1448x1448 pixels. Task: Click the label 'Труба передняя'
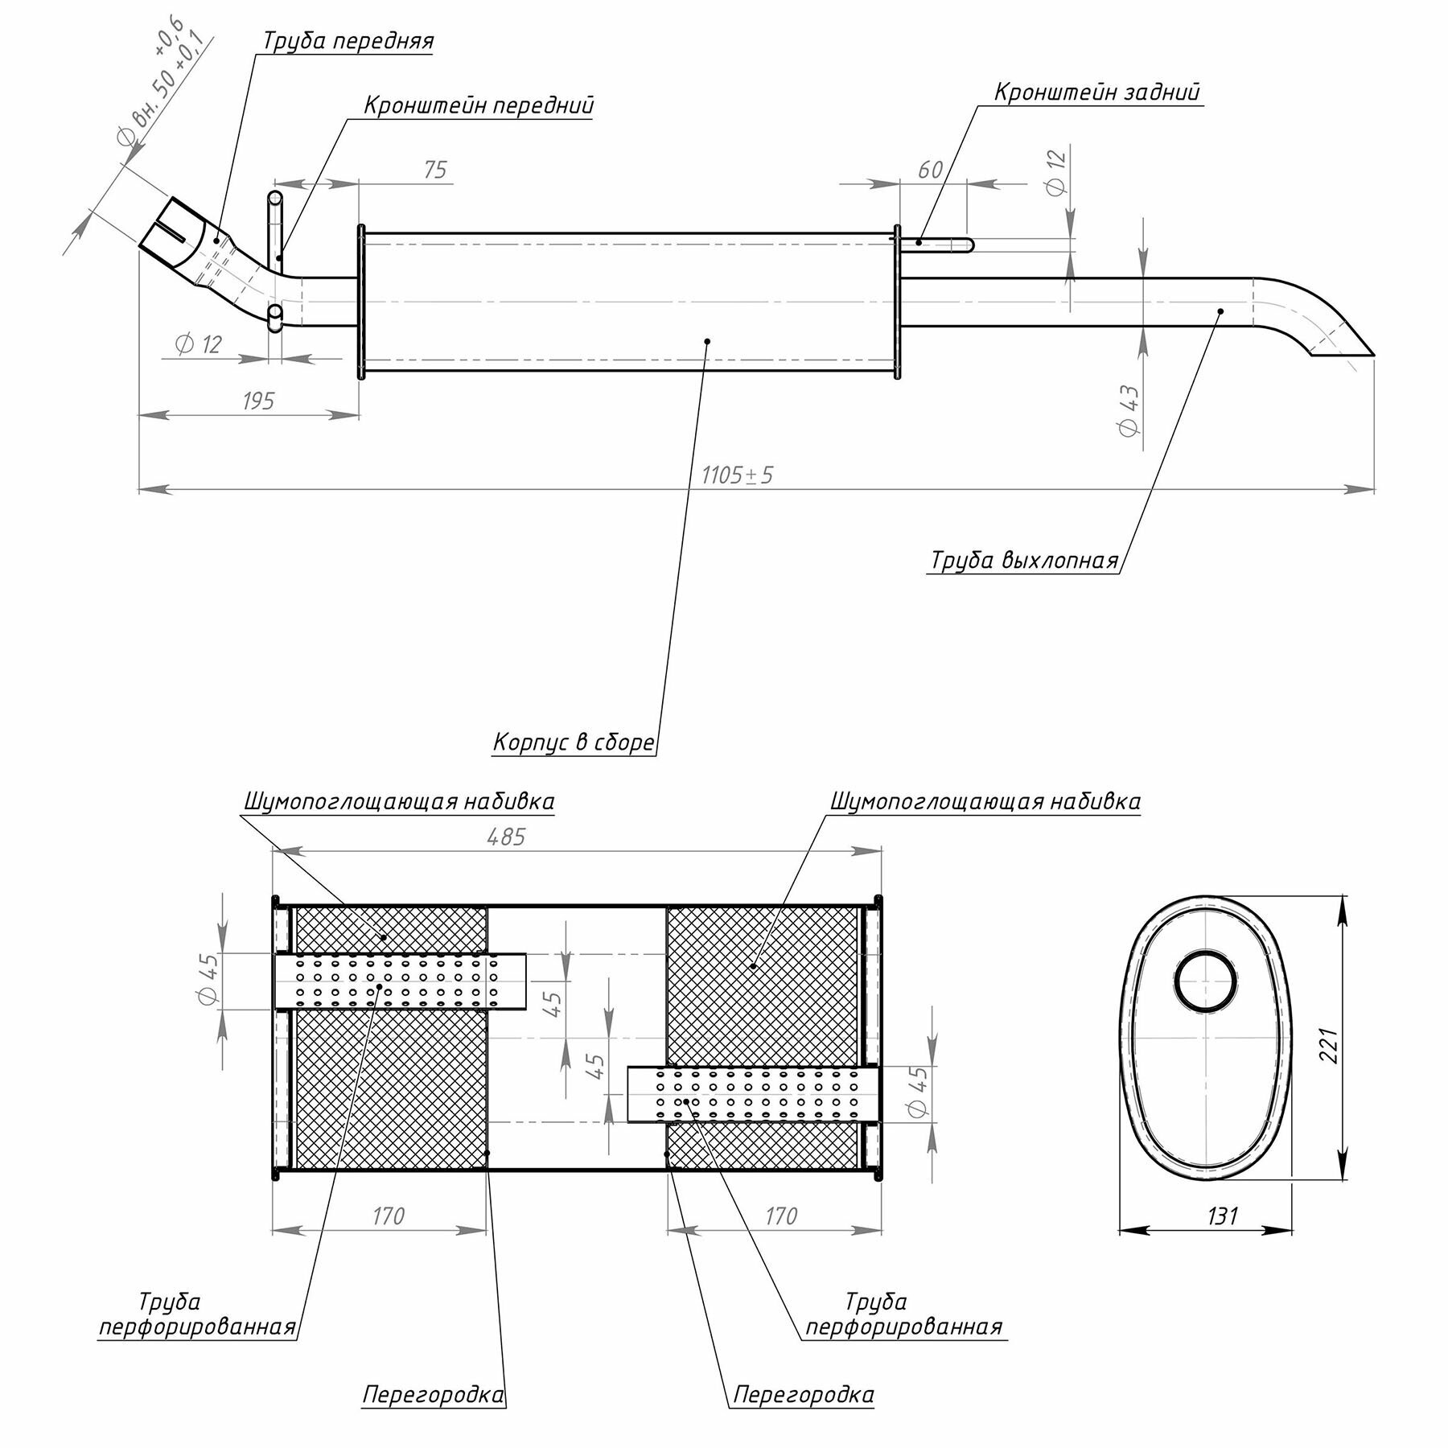348,41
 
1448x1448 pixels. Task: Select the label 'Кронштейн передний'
479,105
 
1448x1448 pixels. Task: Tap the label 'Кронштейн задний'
1096,93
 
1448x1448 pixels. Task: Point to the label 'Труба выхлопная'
1024,560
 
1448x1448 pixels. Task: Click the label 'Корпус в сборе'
574,742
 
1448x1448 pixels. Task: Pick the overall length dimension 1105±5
737,475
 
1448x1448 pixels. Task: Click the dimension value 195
257,401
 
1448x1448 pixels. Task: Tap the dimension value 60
930,170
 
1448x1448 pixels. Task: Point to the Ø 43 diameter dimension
1129,410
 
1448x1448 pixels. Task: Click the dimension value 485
506,837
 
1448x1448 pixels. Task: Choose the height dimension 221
1328,1045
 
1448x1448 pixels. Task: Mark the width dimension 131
1222,1216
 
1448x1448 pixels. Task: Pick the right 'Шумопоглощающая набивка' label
985,802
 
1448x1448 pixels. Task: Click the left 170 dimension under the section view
388,1216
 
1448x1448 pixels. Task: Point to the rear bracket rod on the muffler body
944,242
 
